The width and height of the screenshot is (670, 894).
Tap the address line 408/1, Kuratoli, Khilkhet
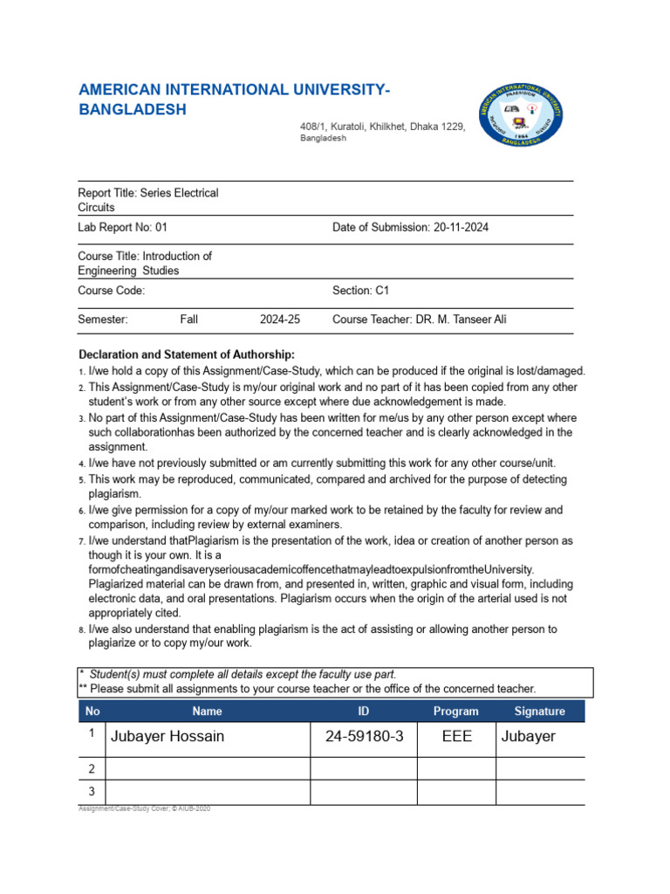click(383, 127)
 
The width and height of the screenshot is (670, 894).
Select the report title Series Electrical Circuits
click(148, 200)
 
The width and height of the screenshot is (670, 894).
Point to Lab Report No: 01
click(122, 227)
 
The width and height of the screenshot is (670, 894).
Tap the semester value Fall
click(189, 320)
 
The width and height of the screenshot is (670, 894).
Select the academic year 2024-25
click(279, 320)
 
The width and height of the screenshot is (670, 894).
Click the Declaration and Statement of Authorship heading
click(187, 354)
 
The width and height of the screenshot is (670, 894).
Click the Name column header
click(207, 711)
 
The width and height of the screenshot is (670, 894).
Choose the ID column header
click(364, 711)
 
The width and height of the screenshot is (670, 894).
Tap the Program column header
click(456, 711)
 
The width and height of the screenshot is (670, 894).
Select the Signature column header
click(539, 711)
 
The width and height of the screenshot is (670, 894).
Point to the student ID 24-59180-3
click(364, 736)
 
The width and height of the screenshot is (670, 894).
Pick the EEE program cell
click(456, 736)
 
